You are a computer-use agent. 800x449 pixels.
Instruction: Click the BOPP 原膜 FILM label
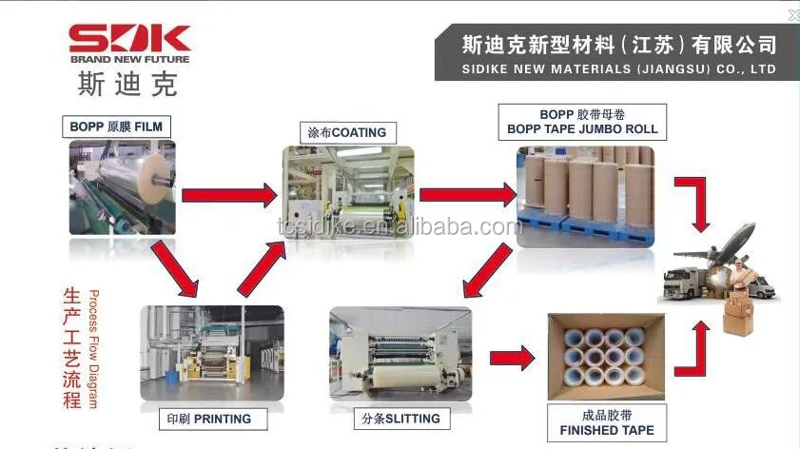[x=116, y=127]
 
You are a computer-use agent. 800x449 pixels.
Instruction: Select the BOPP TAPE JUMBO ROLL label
[x=582, y=122]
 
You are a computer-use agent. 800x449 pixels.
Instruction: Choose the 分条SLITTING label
[x=402, y=419]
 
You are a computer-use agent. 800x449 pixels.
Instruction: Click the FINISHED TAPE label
[x=607, y=422]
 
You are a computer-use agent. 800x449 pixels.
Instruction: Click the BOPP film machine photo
[x=122, y=187]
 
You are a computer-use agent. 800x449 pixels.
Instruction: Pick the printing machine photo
[x=211, y=354]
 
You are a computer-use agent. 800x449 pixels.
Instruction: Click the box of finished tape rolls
[x=607, y=358]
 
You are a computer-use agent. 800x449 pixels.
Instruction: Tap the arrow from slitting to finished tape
[x=512, y=359]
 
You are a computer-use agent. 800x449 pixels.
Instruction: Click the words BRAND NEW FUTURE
[x=129, y=59]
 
